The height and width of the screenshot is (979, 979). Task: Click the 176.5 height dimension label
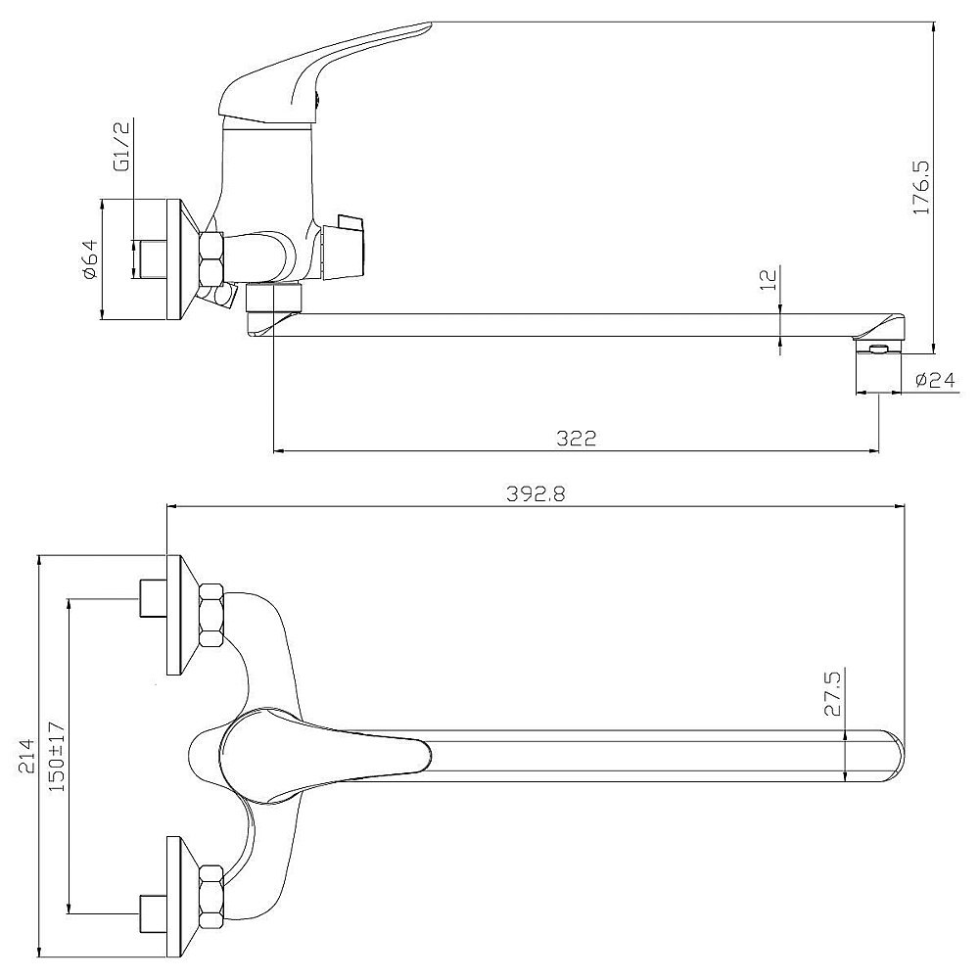click(921, 187)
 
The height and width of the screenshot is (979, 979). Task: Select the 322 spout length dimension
click(577, 438)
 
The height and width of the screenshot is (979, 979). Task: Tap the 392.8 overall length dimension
click(536, 493)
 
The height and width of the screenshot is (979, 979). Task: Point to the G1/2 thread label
click(121, 146)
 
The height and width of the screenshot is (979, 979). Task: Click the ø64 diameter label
click(89, 259)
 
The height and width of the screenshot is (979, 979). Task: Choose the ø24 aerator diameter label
click(935, 380)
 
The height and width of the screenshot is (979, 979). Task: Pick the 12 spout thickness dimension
click(769, 278)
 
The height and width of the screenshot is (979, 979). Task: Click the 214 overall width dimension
click(26, 756)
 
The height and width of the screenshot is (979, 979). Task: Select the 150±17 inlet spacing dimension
click(57, 756)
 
